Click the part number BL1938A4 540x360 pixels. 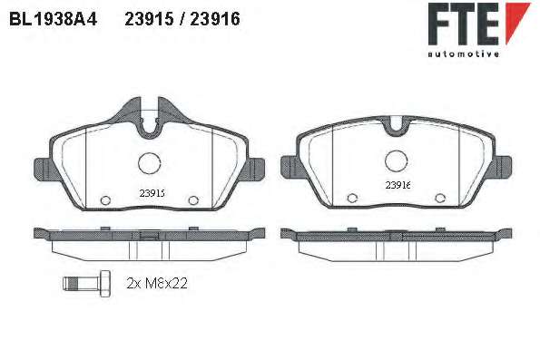[54, 19]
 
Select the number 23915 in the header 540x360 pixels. [149, 19]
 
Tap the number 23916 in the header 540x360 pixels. [215, 19]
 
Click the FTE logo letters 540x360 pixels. [464, 24]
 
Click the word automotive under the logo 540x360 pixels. [464, 54]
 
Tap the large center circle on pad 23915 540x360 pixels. [150, 163]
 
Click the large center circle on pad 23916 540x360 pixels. [397, 161]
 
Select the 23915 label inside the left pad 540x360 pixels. [152, 193]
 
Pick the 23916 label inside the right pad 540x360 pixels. [398, 185]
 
